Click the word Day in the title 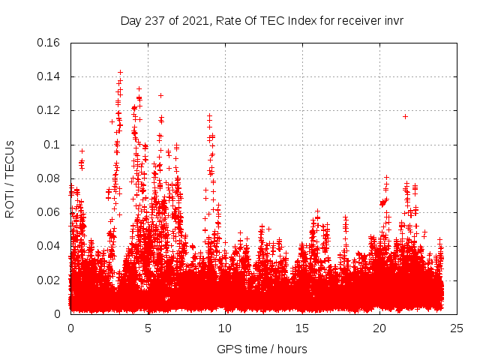(132, 21)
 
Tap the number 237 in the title (157, 21)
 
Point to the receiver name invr (392, 21)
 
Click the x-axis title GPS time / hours (262, 349)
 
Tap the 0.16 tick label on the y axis (49, 43)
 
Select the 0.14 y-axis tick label (49, 76)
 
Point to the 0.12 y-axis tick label (49, 110)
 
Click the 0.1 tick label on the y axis (52, 145)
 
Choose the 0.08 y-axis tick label (49, 178)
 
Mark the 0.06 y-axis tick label (49, 212)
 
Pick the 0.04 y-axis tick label (49, 246)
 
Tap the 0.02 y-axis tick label (49, 280)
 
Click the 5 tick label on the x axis (148, 328)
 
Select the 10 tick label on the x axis (225, 328)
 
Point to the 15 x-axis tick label (302, 328)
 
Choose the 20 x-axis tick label (379, 328)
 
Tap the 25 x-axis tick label (457, 328)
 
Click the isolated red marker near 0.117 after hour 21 (405, 116)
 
